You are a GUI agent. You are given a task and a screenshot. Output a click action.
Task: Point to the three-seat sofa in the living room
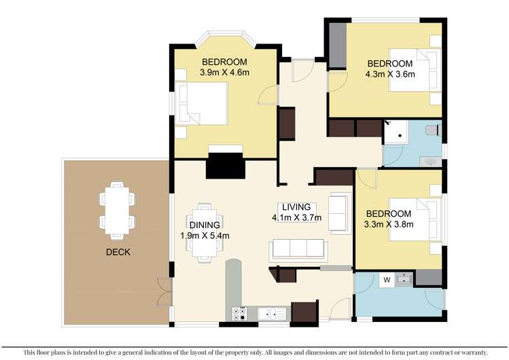(298, 249)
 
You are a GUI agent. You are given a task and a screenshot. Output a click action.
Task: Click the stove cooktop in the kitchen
(240, 314)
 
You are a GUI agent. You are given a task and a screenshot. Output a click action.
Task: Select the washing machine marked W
(386, 278)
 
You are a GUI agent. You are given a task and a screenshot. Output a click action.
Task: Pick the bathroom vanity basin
(429, 161)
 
